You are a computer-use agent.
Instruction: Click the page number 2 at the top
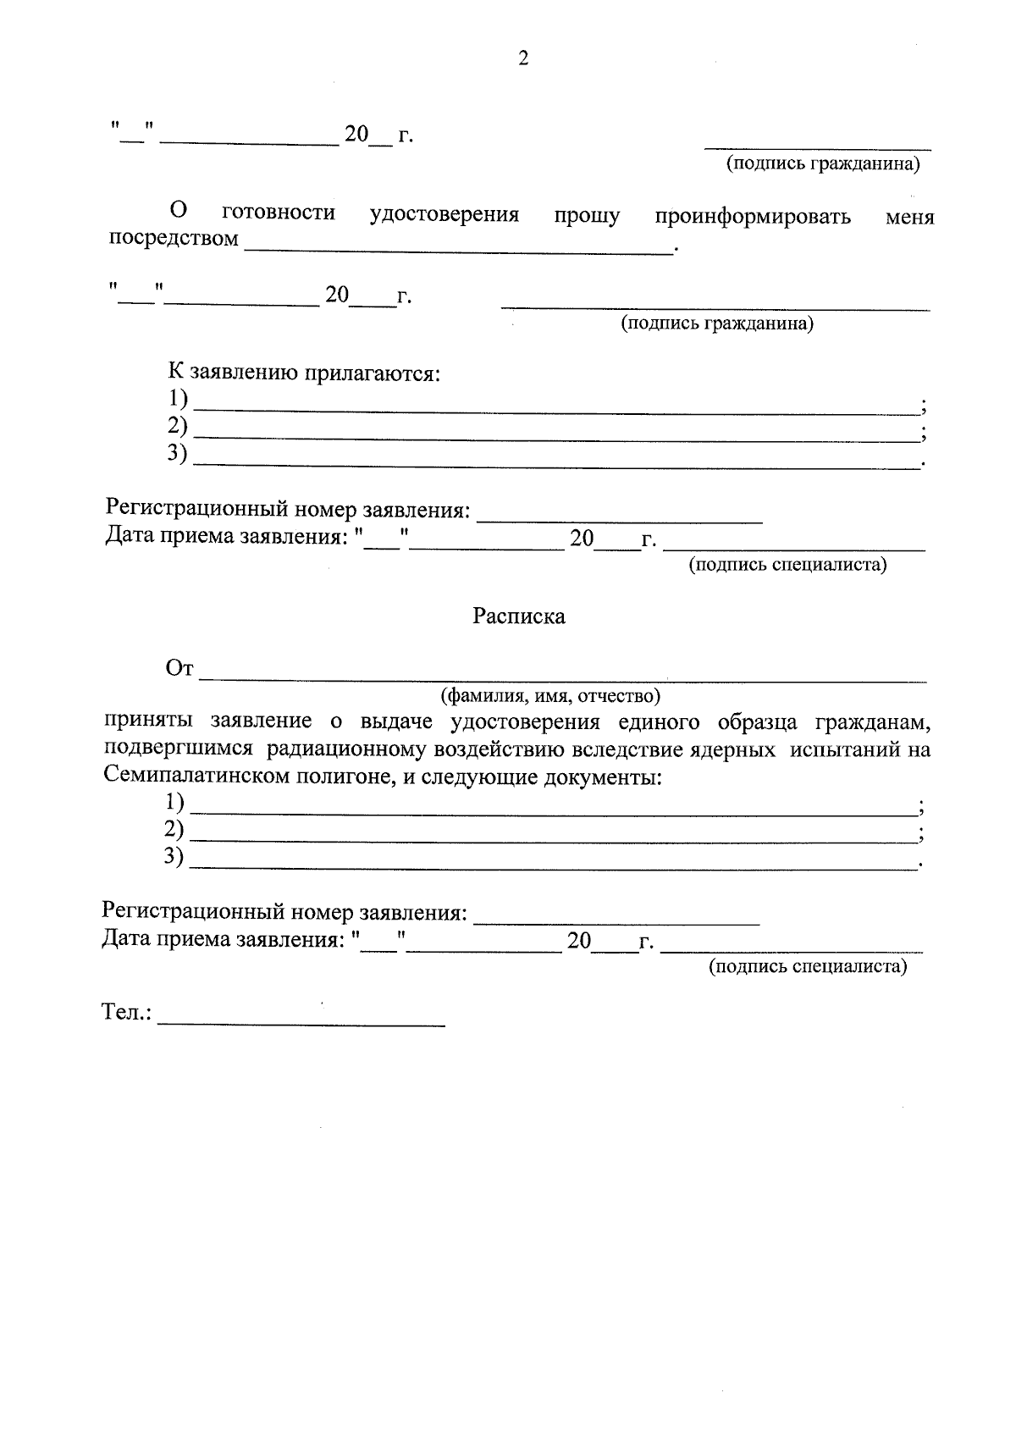(x=522, y=58)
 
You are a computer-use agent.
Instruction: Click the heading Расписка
(x=518, y=616)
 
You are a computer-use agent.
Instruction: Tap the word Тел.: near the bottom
(x=127, y=1013)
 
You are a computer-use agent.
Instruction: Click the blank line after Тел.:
(x=301, y=1020)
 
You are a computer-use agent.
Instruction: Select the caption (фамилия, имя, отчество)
(x=549, y=696)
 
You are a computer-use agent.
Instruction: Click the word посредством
(x=174, y=239)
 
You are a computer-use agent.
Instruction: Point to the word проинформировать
(x=753, y=216)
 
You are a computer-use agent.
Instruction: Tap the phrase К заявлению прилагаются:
(x=304, y=373)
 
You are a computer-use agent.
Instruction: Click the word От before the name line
(x=179, y=669)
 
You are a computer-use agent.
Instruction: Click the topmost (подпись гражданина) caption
(x=823, y=164)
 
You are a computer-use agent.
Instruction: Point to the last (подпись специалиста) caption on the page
(x=807, y=966)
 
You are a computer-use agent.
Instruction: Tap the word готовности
(x=278, y=213)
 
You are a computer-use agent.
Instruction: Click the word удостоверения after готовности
(x=444, y=214)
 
